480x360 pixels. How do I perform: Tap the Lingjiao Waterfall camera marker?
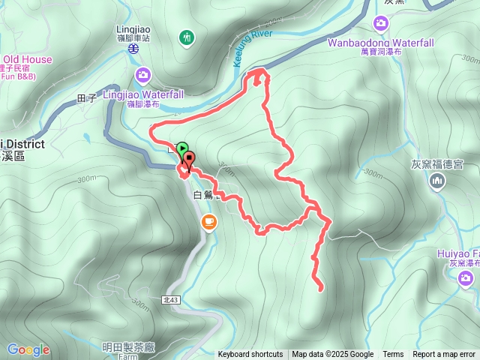click(x=143, y=74)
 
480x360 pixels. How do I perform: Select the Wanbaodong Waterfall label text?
click(x=380, y=43)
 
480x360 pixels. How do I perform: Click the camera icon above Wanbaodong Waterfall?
click(x=381, y=24)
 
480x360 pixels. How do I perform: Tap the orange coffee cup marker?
click(x=208, y=221)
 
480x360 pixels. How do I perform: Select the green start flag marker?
click(x=183, y=148)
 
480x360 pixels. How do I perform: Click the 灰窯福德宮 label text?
click(x=438, y=163)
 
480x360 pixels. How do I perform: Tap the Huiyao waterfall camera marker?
click(x=466, y=279)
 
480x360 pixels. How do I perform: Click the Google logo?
click(x=28, y=349)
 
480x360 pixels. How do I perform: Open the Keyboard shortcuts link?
click(x=250, y=355)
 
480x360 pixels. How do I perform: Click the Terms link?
click(x=393, y=355)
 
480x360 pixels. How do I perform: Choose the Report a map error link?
click(x=445, y=355)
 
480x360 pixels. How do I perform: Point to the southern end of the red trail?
click(x=321, y=288)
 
